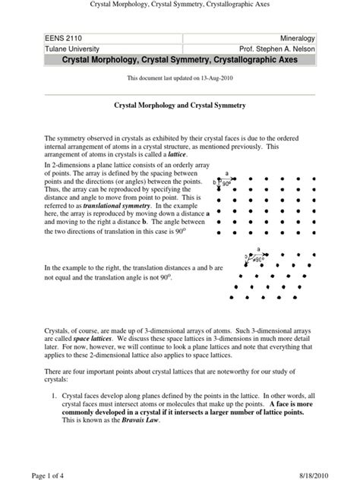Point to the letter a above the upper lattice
click(226, 173)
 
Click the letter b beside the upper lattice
click(214, 182)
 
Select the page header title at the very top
click(180, 6)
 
